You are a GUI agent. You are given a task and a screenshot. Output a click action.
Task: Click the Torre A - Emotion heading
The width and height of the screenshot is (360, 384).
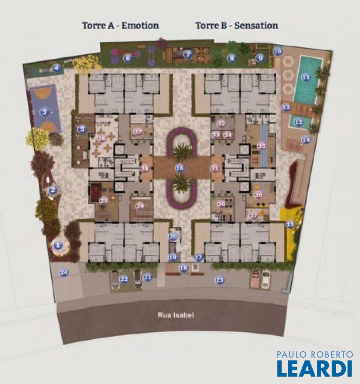(121, 25)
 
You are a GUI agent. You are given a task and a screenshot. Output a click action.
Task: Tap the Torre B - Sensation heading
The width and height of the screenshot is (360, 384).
(237, 25)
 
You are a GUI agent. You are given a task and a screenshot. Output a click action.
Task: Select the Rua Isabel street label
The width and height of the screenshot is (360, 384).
(176, 315)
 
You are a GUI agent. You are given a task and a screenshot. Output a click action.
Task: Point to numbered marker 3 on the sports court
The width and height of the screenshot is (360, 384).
(44, 112)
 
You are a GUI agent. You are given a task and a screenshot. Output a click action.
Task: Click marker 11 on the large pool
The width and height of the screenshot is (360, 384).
(306, 77)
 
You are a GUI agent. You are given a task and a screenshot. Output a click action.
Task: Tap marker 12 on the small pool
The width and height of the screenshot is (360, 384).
(298, 122)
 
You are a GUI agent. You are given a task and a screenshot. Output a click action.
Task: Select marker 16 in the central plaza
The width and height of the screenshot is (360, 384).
(180, 168)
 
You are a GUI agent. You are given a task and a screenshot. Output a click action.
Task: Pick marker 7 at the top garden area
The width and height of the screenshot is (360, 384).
(188, 55)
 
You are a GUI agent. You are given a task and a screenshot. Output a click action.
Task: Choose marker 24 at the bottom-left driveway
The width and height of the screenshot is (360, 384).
(64, 273)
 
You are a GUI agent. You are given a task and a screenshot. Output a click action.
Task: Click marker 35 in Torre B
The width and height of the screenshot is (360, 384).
(262, 146)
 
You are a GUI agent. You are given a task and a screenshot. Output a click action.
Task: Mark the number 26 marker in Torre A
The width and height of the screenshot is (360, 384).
(102, 138)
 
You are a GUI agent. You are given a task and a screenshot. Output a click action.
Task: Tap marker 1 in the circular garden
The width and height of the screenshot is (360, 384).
(58, 245)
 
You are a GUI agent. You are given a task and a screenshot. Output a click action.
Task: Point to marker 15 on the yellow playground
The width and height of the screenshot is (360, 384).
(290, 224)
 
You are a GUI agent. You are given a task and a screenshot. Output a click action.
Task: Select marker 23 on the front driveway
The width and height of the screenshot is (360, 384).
(220, 280)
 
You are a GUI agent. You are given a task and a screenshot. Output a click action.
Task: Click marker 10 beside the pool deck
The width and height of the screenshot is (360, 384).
(277, 51)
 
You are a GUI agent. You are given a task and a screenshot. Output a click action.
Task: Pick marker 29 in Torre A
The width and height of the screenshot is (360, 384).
(140, 206)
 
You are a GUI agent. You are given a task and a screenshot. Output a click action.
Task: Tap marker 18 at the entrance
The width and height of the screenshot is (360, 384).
(184, 268)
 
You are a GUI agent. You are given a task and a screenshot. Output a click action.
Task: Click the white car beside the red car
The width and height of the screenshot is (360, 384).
(266, 280)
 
